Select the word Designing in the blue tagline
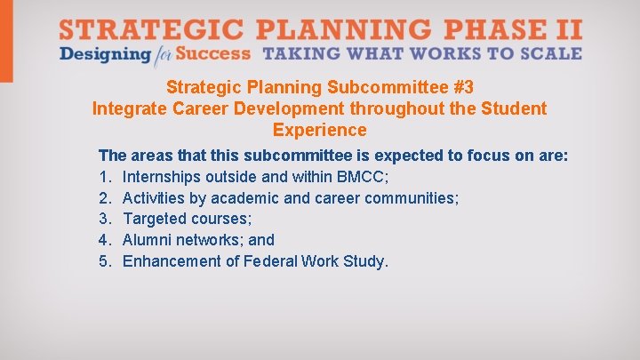pos(104,53)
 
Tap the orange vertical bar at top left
pos(6,40)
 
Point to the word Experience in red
pos(319,130)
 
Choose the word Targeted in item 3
pos(155,219)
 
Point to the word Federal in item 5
pos(271,261)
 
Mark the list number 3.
pos(104,219)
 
